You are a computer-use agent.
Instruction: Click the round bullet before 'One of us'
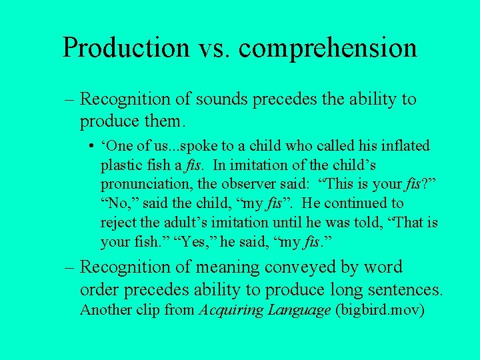point(89,146)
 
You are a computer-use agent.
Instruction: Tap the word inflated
point(403,146)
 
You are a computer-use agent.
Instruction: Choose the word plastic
point(123,165)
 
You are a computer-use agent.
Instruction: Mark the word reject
point(119,221)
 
